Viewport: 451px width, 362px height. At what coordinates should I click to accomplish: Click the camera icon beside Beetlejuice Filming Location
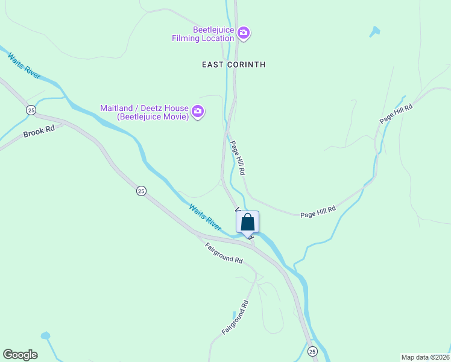(x=243, y=33)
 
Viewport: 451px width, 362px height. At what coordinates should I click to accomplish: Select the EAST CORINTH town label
(x=234, y=65)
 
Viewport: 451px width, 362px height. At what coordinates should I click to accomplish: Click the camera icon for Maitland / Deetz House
(x=198, y=112)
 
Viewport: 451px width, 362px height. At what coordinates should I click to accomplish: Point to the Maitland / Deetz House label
(x=144, y=112)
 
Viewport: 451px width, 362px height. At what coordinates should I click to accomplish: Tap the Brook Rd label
(x=39, y=132)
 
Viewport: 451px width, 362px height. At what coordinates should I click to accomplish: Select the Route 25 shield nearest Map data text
(x=312, y=351)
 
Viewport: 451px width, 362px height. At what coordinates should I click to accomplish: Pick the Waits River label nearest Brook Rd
(x=24, y=65)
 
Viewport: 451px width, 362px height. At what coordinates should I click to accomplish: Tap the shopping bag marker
(x=247, y=222)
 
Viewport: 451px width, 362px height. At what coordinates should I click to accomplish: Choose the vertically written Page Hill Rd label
(x=238, y=158)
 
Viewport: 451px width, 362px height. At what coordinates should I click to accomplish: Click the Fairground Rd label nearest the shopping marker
(x=224, y=253)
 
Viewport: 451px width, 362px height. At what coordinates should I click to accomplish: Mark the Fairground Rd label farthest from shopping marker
(x=235, y=318)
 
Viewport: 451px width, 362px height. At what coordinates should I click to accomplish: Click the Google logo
(x=20, y=355)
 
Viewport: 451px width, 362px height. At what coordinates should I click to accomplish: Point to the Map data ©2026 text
(x=425, y=357)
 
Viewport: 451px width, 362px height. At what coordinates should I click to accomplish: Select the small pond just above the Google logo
(x=45, y=335)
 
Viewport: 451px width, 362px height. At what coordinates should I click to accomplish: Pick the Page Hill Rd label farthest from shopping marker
(x=396, y=113)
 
